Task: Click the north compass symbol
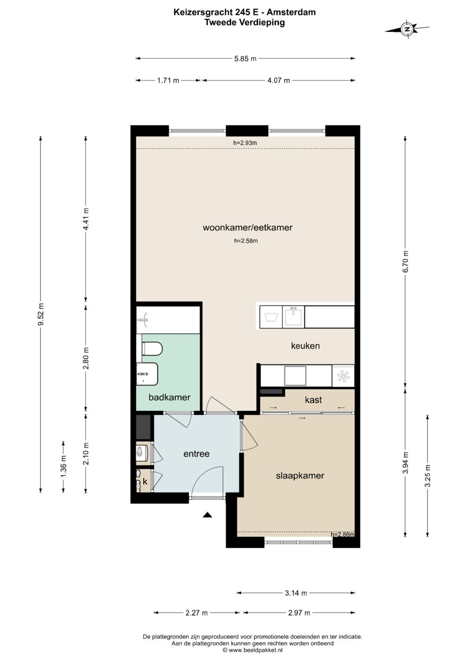point(407,29)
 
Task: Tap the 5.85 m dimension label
point(245,59)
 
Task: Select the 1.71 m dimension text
point(168,80)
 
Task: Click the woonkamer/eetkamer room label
point(247,228)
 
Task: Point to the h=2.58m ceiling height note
point(246,241)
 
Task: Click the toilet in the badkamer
point(152,349)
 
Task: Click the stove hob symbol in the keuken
point(343,376)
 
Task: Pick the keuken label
point(305,346)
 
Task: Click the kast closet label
point(313,400)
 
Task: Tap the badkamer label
point(169,397)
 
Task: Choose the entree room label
point(196,453)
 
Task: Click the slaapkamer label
point(300,476)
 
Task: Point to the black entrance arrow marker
point(208,515)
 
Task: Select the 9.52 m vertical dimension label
point(41,314)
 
